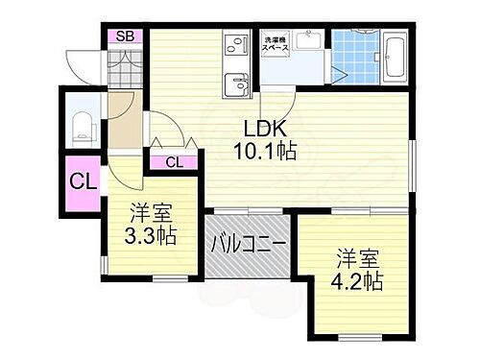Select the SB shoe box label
pyautogui.click(x=125, y=36)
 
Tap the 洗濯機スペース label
pyautogui.click(x=279, y=43)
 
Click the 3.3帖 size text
pyautogui.click(x=151, y=235)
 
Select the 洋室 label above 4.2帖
pyautogui.click(x=358, y=258)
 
